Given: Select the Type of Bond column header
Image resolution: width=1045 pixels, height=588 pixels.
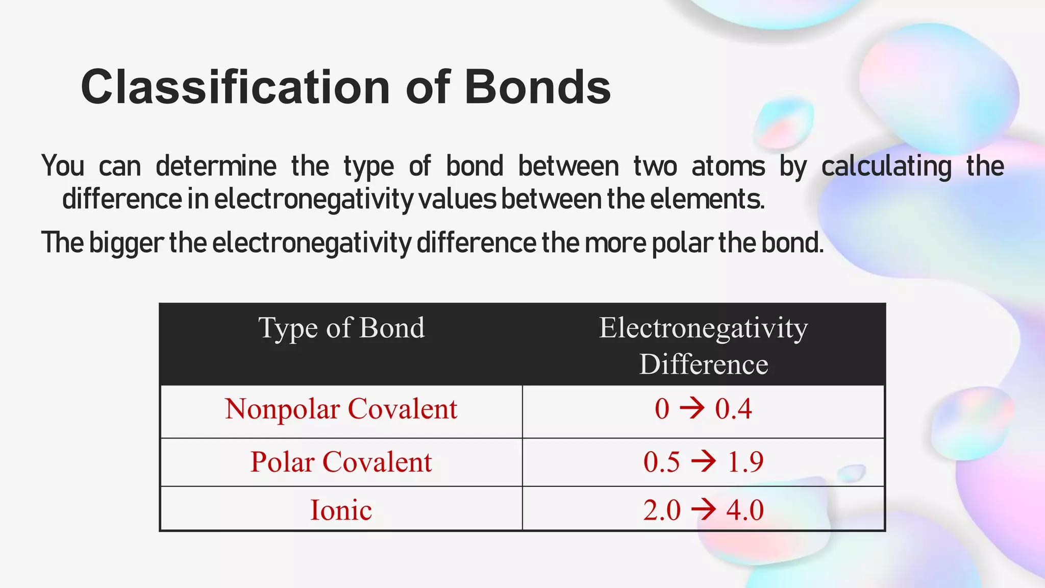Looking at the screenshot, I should [x=341, y=328].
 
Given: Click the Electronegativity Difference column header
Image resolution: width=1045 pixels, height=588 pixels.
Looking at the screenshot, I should [x=703, y=345].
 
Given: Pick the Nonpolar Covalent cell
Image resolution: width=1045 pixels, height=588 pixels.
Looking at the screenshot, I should [x=341, y=409].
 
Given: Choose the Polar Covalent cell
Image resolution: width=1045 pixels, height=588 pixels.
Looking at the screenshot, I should [x=341, y=462].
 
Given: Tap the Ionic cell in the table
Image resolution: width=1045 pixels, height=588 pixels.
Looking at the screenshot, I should [x=341, y=510].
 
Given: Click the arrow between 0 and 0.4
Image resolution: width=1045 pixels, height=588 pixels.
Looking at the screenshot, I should [x=692, y=408].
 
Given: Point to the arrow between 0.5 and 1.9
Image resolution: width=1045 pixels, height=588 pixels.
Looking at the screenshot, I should [x=703, y=461].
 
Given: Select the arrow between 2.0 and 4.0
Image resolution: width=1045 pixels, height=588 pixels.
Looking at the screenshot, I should [x=703, y=509].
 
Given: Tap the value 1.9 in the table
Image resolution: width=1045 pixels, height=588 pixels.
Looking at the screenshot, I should [x=745, y=462].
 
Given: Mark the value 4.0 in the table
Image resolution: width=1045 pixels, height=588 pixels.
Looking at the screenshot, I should [x=745, y=510].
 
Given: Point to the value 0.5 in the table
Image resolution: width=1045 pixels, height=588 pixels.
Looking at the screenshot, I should [x=662, y=462].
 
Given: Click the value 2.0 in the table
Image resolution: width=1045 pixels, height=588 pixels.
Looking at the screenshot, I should [x=662, y=510].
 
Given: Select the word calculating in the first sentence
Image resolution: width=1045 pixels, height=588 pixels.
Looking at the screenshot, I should [x=886, y=167].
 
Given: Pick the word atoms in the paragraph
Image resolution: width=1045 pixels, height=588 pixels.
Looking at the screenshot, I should [x=728, y=167].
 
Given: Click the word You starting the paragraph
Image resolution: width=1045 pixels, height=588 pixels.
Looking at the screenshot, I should [x=63, y=166].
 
